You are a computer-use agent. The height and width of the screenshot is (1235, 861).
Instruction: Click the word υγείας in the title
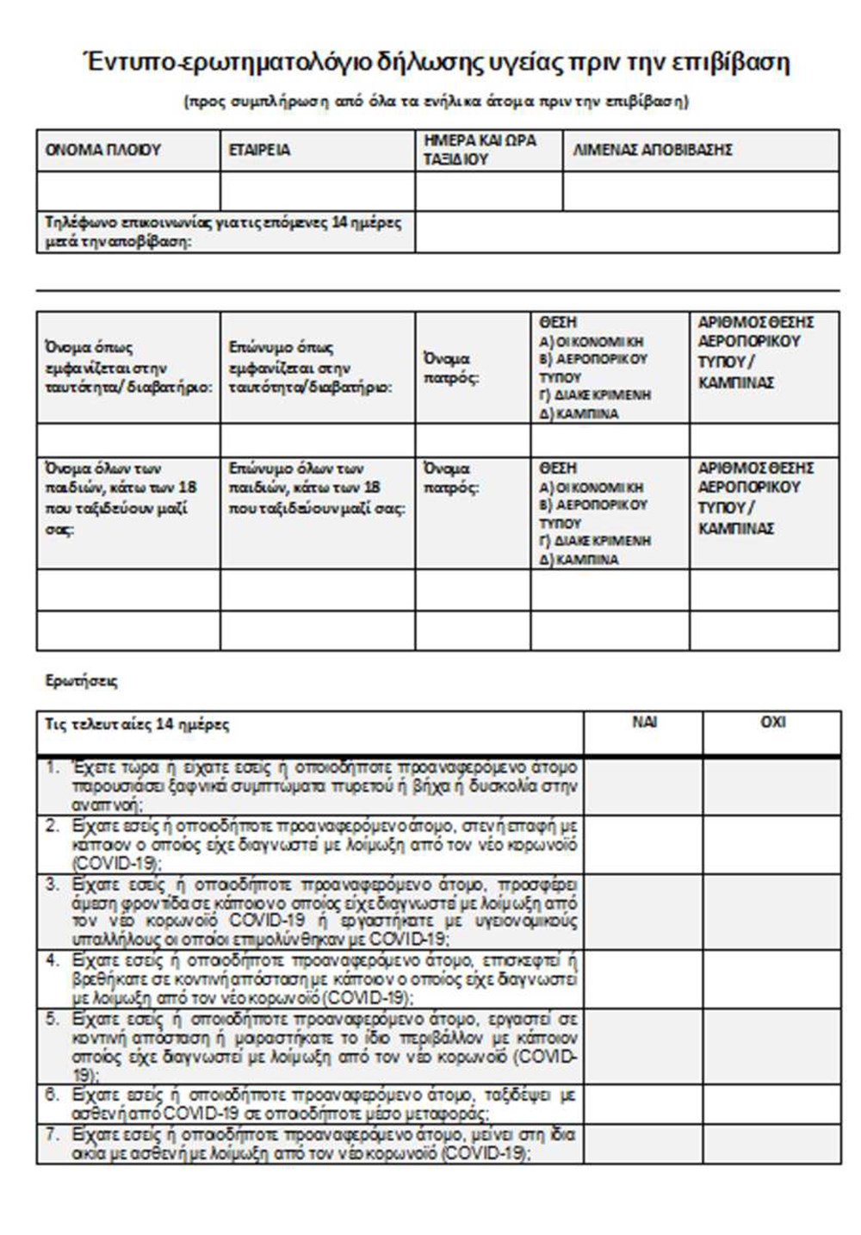513,63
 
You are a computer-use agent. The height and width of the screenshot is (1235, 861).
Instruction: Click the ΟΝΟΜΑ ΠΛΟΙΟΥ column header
102,150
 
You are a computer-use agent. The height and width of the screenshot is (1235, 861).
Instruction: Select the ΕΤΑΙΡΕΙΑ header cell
259,150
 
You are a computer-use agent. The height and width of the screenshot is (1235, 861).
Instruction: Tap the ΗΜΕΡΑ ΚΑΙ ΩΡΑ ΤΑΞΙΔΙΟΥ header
479,150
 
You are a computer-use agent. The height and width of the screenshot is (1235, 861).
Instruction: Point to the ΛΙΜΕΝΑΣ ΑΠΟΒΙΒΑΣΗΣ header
652,150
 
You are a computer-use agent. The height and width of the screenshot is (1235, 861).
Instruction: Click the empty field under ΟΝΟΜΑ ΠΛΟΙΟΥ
127,191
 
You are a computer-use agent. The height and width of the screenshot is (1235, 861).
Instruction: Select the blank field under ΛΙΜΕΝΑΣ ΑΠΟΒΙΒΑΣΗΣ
701,191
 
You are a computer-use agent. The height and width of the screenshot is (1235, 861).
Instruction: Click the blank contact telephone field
627,233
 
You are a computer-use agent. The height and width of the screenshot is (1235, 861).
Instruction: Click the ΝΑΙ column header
643,723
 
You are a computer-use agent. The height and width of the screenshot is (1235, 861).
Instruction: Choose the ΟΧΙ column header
771,723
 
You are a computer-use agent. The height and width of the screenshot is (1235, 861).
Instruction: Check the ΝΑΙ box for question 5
643,1047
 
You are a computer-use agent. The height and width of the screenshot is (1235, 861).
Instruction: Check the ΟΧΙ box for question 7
771,1145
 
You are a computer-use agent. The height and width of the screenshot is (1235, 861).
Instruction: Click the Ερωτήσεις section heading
81,681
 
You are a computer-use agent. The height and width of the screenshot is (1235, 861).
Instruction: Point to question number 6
53,1095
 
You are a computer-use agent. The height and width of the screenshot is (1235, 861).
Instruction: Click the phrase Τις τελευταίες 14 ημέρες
137,724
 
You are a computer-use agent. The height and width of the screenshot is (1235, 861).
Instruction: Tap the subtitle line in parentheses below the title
437,102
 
